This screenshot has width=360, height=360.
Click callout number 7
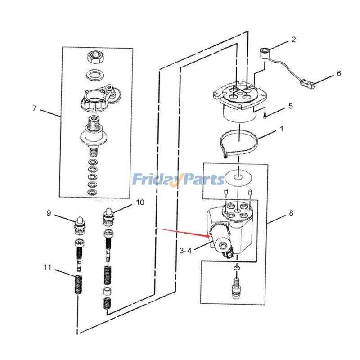pyautogui.click(x=34, y=108)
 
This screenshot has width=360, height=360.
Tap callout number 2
pyautogui.click(x=293, y=40)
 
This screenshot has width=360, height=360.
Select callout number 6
pyautogui.click(x=339, y=73)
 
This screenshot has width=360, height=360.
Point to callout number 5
pyautogui.click(x=290, y=106)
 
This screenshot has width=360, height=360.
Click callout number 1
pyautogui.click(x=282, y=129)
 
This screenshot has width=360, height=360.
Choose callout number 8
pyautogui.click(x=291, y=213)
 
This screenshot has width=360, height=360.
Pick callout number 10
pyautogui.click(x=140, y=202)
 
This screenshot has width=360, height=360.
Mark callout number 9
pyautogui.click(x=49, y=213)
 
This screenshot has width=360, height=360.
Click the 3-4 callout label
pyautogui.click(x=185, y=251)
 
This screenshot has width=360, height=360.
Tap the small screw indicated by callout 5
pyautogui.click(x=265, y=115)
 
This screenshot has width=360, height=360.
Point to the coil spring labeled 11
pyautogui.click(x=79, y=284)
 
